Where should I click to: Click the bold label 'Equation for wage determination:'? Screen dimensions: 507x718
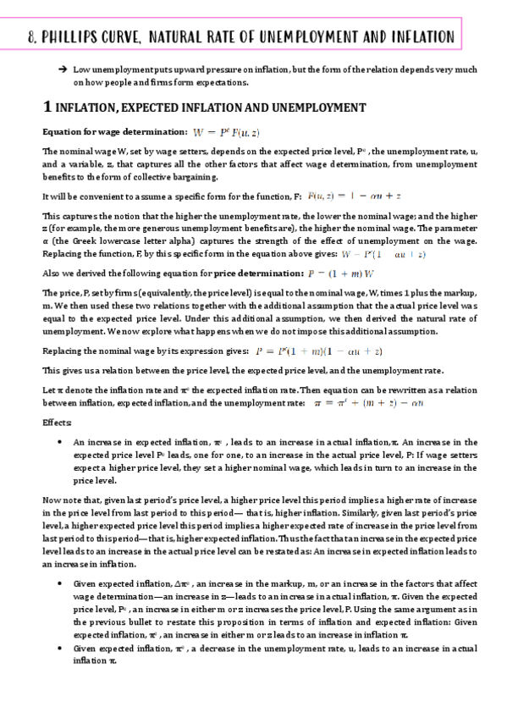[x=114, y=132]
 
